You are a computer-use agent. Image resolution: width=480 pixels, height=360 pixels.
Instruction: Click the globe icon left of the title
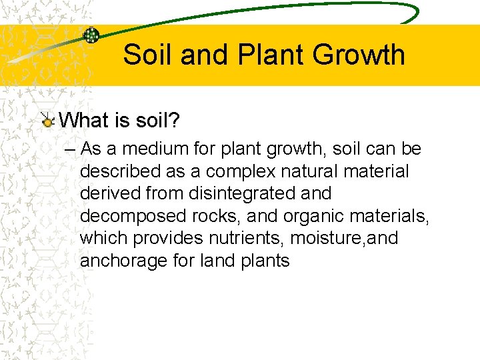click(91, 35)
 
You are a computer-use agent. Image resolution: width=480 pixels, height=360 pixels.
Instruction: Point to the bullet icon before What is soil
click(47, 121)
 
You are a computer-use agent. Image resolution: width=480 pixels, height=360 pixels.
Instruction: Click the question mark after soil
click(175, 120)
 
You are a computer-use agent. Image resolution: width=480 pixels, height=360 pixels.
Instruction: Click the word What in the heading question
click(83, 120)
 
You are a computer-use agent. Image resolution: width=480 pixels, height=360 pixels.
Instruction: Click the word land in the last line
click(217, 261)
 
